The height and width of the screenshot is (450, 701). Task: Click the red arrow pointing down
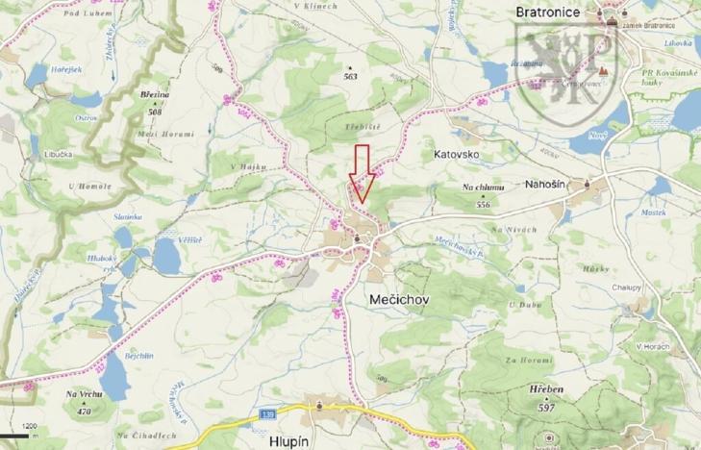coord(362,174)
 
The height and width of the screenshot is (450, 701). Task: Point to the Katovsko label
coord(456,153)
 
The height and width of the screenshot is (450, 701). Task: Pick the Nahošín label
coord(549,182)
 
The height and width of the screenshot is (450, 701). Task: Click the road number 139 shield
coord(267,413)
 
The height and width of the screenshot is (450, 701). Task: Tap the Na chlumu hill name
coord(483,189)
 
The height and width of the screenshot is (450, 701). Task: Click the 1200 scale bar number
coord(31,424)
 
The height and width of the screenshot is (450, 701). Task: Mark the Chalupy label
coord(628,287)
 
